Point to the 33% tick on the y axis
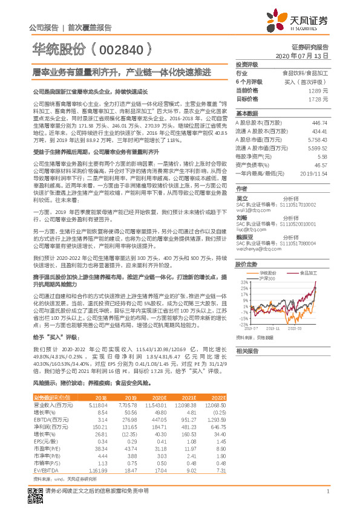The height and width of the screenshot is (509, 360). point(244,282)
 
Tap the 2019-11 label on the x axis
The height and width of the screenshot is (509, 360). point(273,328)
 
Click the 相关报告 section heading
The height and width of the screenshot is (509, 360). point(247,351)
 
